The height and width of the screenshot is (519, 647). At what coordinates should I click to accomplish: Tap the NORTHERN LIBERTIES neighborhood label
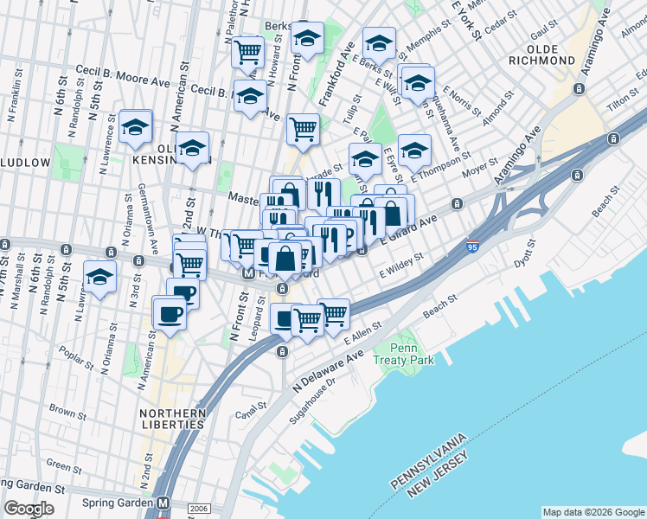173,419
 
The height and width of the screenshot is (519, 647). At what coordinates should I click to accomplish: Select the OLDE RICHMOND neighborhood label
544,54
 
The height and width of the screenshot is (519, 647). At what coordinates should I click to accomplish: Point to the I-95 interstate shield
472,247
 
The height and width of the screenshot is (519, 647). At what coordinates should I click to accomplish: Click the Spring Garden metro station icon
163,503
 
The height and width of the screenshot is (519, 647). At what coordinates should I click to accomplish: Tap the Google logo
29,509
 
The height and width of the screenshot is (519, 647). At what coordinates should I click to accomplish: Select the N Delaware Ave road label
328,370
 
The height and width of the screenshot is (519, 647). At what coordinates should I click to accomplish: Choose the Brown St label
63,410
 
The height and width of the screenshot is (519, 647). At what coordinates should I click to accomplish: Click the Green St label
59,466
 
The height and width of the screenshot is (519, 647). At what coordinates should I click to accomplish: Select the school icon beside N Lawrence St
136,127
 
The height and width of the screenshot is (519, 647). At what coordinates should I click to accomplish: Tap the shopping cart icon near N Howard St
248,52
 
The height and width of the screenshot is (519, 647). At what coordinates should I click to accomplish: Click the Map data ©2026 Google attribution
593,512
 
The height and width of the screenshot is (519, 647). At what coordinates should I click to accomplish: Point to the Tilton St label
621,103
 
